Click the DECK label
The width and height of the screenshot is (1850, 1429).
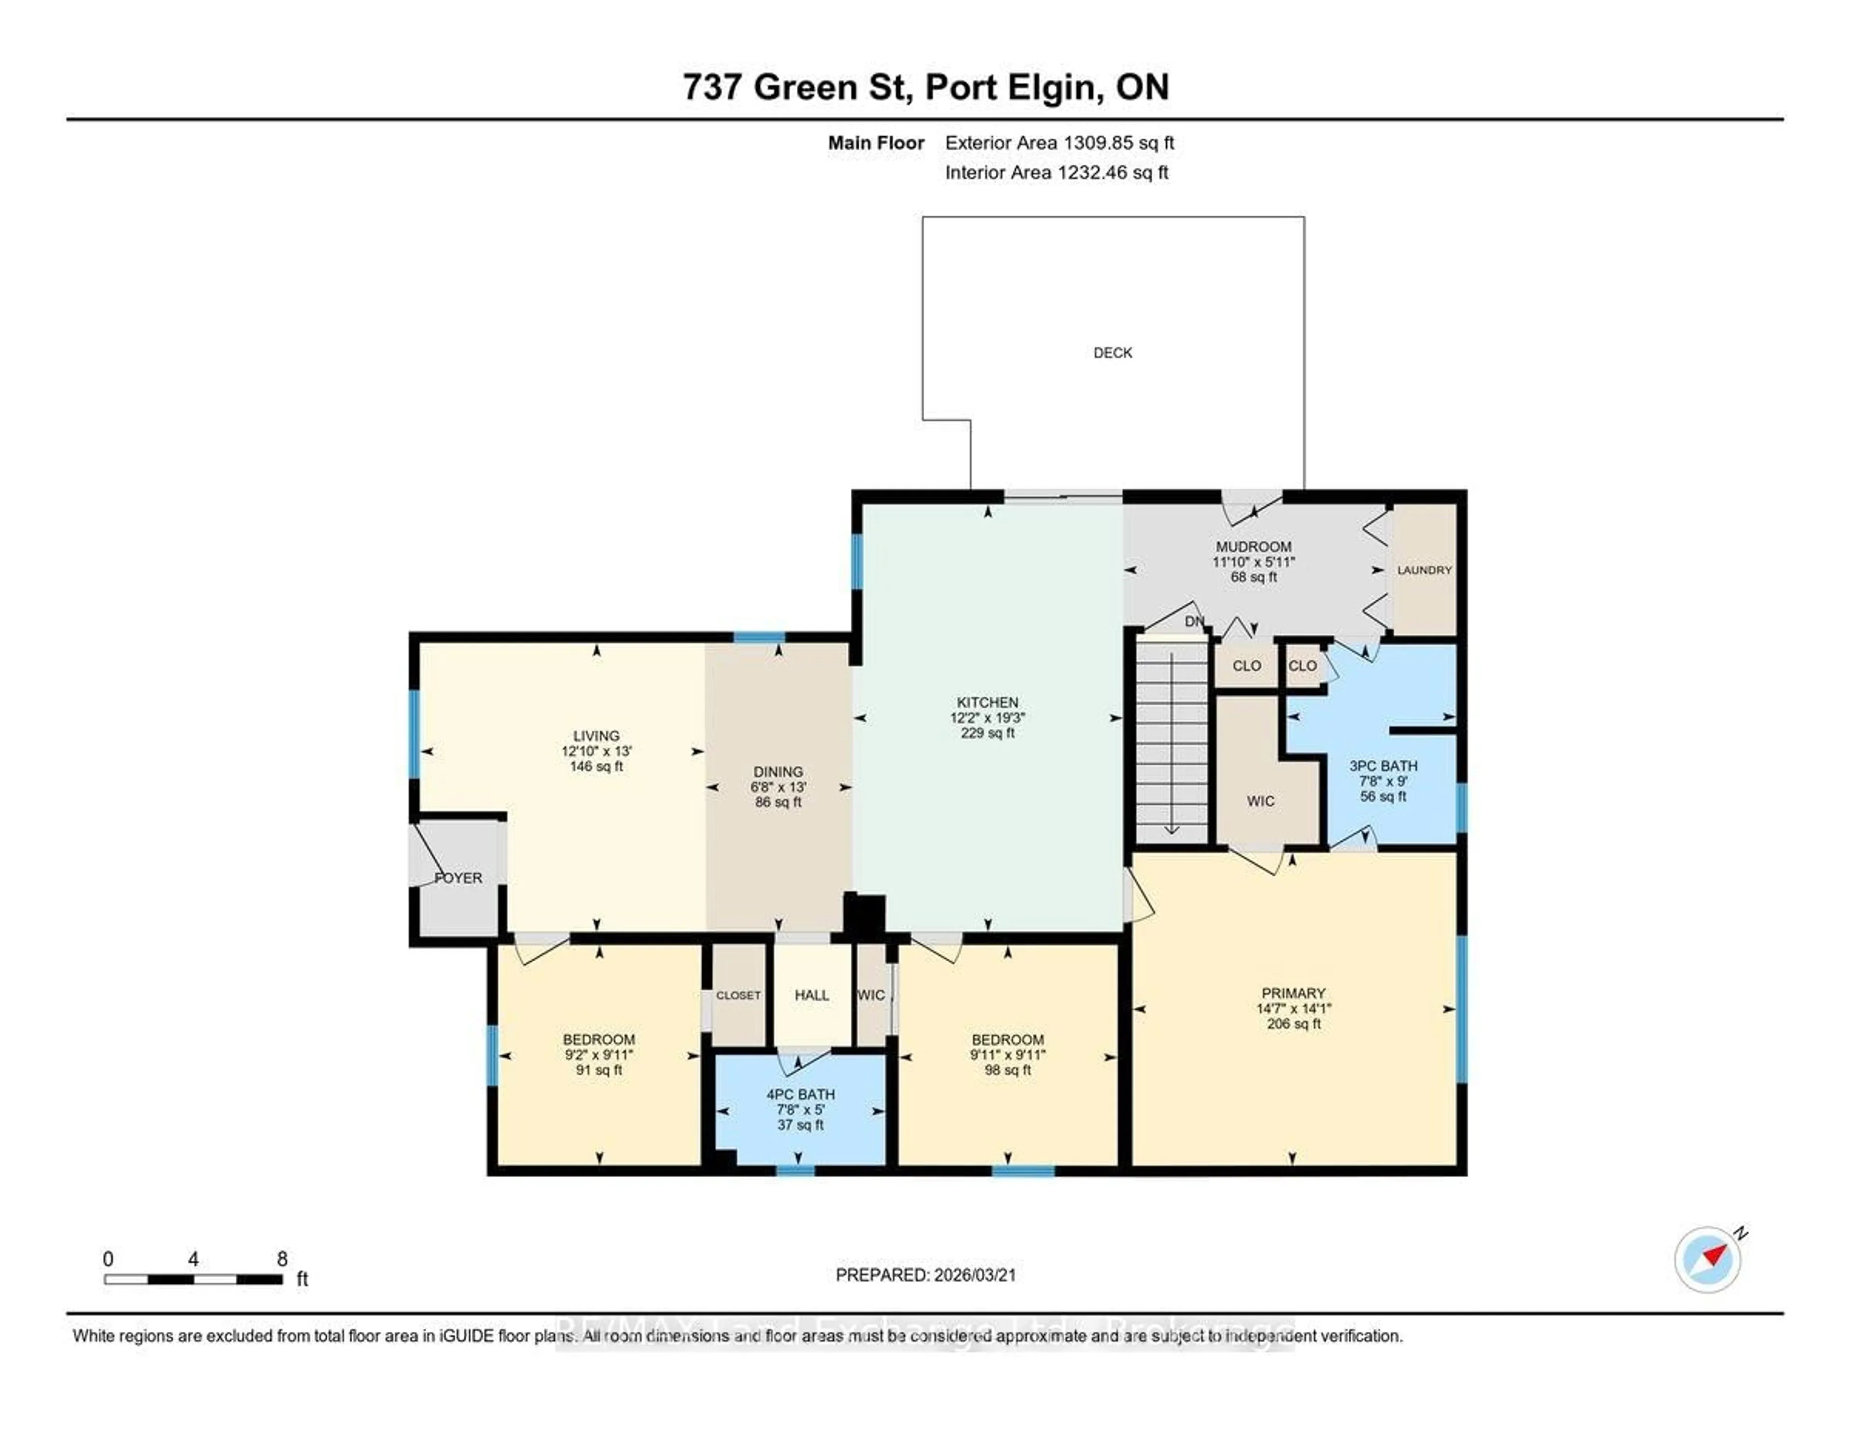(1112, 352)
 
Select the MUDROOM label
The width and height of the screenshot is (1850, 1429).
(1254, 546)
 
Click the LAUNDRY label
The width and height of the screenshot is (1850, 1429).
(1424, 570)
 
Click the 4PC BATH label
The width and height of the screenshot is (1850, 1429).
(801, 1095)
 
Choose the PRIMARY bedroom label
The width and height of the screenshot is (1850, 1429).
(1293, 993)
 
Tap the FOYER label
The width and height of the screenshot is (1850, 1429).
(458, 877)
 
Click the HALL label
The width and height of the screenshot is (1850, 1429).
(811, 995)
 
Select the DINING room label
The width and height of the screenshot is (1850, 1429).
(778, 772)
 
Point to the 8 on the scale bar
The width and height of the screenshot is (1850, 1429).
(282, 1259)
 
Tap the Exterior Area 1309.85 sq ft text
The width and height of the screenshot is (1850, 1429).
(1059, 143)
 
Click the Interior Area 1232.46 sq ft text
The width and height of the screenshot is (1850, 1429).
(1057, 173)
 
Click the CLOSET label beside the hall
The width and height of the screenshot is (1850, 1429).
(738, 995)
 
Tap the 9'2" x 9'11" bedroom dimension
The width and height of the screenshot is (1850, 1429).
(599, 1055)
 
